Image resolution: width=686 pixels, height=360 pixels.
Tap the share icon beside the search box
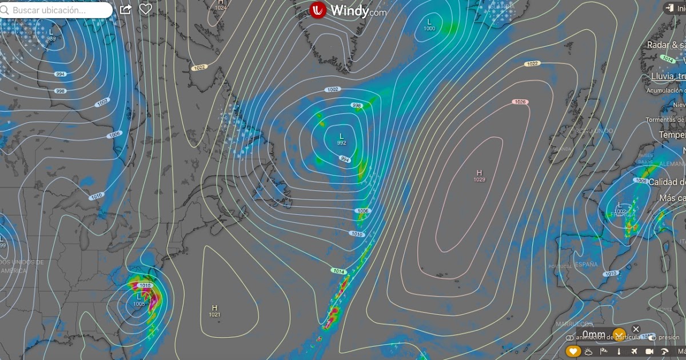click(126, 10)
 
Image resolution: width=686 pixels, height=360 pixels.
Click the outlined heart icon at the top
click(146, 10)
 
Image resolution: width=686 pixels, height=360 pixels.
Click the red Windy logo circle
click(318, 10)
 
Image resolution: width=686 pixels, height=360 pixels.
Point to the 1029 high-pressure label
click(479, 180)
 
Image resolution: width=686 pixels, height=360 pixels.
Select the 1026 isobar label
click(520, 102)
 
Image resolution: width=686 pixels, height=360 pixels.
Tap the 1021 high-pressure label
click(214, 315)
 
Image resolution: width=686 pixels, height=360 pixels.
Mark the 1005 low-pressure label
click(139, 304)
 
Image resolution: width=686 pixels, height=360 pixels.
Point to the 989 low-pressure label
click(51, 38)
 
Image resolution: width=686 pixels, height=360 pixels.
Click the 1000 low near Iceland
click(429, 28)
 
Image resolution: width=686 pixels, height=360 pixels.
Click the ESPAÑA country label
click(585, 265)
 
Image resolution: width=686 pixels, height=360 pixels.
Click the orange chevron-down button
click(619, 334)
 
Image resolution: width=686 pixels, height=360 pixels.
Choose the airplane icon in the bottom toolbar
click(634, 351)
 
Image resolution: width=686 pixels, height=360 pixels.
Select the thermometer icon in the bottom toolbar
click(619, 351)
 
